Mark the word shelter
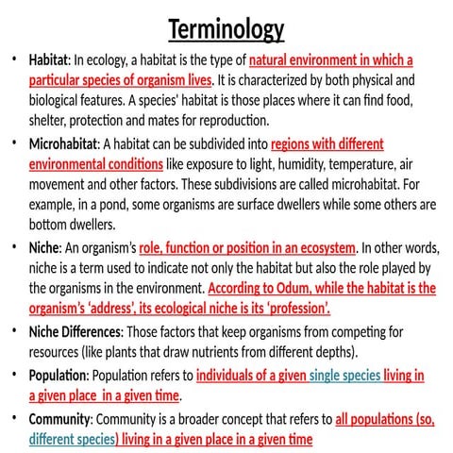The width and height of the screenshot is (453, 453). click(51, 120)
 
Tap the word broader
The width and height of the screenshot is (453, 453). click(201, 418)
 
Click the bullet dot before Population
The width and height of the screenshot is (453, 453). click(14, 375)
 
